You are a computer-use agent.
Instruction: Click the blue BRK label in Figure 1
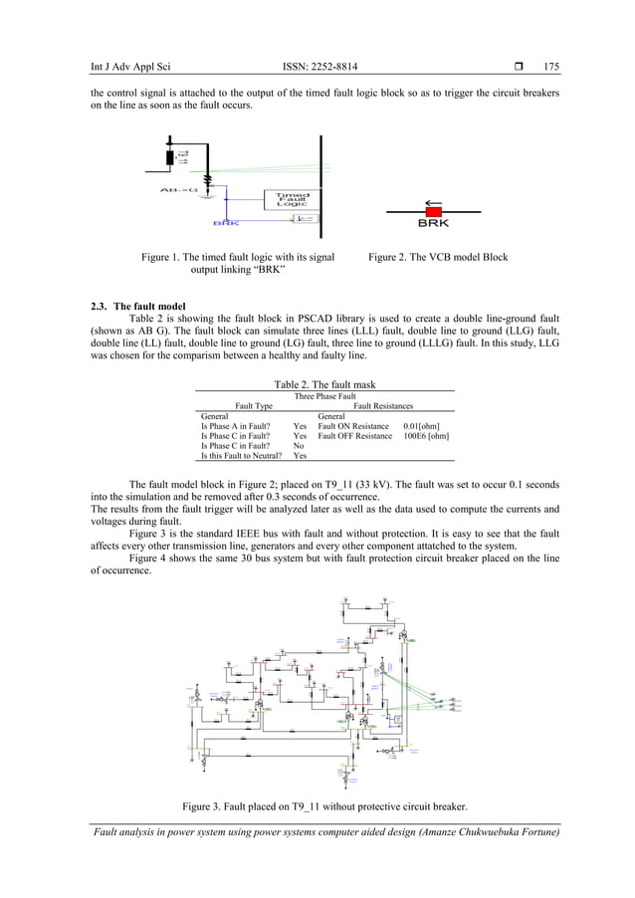[226, 222]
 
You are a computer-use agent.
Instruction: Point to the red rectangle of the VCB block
[433, 209]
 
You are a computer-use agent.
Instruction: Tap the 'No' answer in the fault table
[299, 446]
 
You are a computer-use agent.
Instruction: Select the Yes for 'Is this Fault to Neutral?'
[300, 456]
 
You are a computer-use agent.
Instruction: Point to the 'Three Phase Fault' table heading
[324, 396]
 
